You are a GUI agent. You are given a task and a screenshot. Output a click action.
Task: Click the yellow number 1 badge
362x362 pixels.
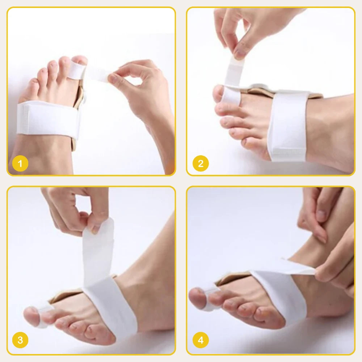tap(20, 164)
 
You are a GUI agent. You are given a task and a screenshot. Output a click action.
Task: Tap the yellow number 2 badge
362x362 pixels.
tap(201, 164)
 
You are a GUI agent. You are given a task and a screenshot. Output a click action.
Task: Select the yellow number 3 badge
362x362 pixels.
tap(20, 340)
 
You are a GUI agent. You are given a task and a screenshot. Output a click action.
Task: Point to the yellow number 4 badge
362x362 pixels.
tap(201, 340)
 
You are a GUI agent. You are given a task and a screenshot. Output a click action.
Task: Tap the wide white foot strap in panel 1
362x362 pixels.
tap(47, 120)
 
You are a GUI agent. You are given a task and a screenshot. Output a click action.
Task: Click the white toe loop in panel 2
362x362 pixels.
tap(231, 96)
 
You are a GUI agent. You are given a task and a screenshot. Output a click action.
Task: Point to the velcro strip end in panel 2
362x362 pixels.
tap(289, 151)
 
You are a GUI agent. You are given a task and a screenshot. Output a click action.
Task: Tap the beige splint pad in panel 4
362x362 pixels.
tap(233, 278)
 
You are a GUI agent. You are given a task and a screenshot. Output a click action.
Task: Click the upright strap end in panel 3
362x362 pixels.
tap(98, 249)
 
